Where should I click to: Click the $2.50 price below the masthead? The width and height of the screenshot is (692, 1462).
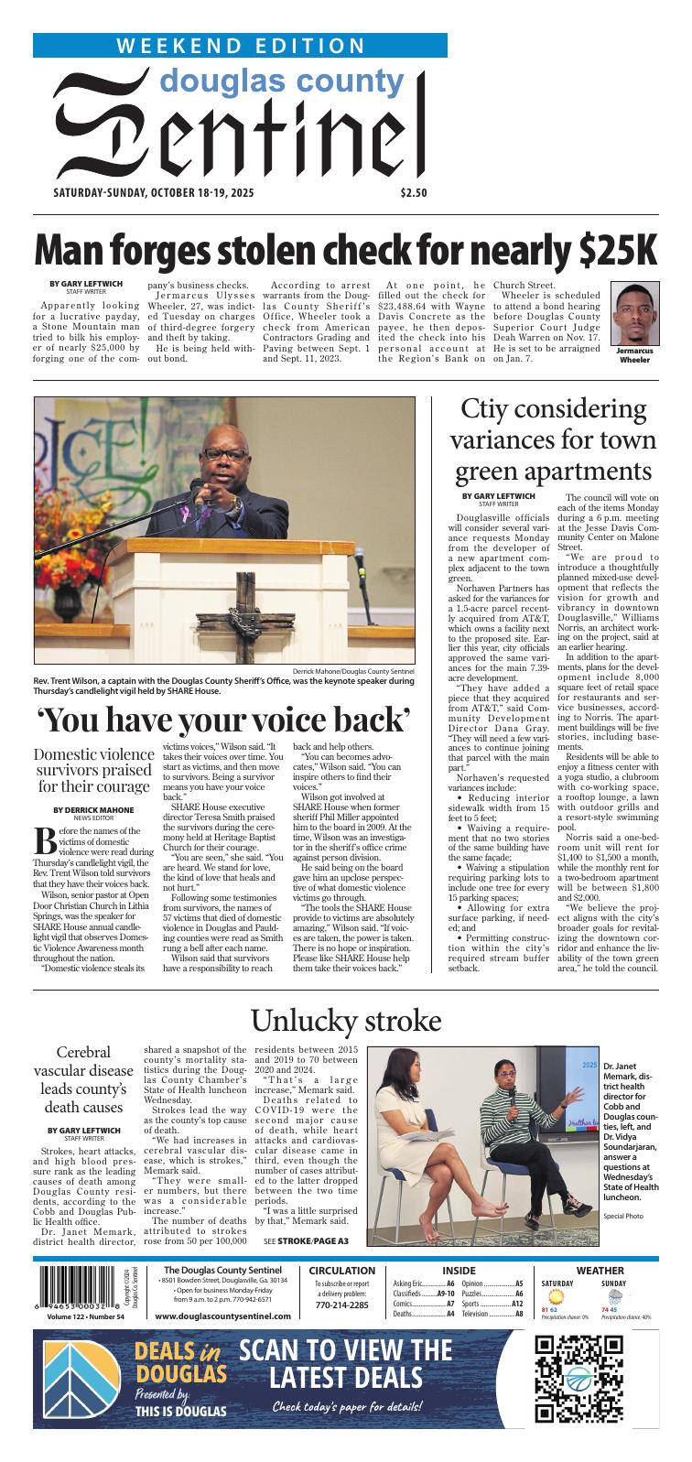click(x=414, y=192)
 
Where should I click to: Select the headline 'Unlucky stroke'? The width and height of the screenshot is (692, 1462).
click(x=346, y=1020)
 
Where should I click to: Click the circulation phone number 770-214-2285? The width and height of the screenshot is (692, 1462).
click(x=341, y=1305)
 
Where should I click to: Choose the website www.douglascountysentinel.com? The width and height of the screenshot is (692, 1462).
click(x=223, y=1316)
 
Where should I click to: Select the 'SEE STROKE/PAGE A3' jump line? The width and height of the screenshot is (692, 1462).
click(x=306, y=1241)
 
